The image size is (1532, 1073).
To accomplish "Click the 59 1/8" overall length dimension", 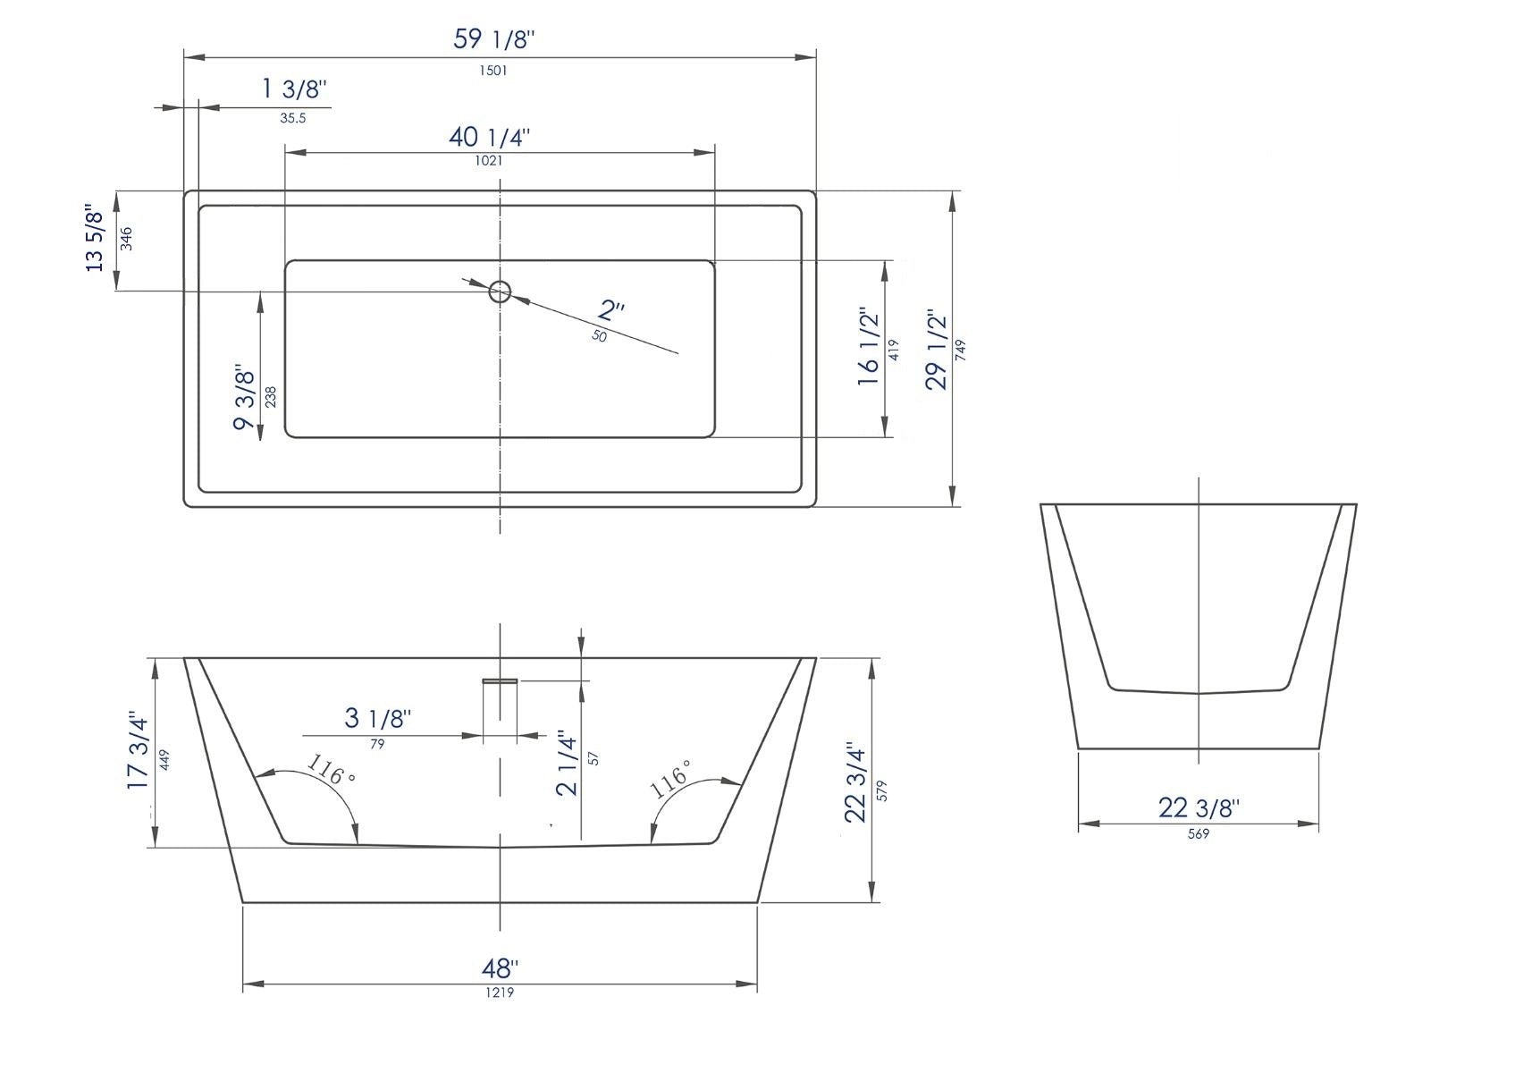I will click(494, 38).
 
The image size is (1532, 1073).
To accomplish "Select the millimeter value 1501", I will click(493, 71).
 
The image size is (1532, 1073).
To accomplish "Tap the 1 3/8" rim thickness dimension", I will click(294, 89).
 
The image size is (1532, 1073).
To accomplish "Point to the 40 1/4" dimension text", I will click(489, 137).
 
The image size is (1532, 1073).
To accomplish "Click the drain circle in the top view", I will click(500, 291).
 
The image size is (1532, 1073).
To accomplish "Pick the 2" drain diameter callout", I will click(611, 310).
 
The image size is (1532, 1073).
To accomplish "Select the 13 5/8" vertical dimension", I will click(95, 238).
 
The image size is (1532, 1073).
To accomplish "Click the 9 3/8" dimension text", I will click(245, 396).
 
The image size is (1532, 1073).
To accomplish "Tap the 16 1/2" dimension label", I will click(869, 348).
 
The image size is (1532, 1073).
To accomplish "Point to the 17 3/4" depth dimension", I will click(137, 751).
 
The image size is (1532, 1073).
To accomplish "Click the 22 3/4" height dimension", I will click(855, 783).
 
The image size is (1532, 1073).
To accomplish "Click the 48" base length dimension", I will click(500, 968).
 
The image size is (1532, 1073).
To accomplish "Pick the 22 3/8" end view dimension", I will click(1199, 808).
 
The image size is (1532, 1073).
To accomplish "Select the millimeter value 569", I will click(1199, 833).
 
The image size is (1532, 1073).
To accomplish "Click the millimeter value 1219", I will click(500, 993).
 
